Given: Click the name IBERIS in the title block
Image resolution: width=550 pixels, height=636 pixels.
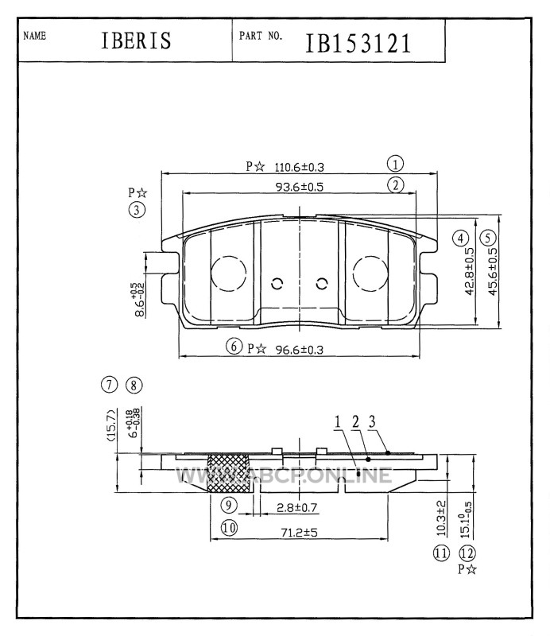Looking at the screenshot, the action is (x=136, y=41).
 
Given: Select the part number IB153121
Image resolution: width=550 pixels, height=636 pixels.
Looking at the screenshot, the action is (x=358, y=44).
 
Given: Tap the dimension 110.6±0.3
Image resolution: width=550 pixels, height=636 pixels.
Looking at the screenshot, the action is (x=300, y=167).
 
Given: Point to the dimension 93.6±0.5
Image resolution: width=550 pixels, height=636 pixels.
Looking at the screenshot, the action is (x=300, y=187).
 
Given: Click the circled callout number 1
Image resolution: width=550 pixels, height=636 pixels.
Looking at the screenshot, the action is (x=395, y=165).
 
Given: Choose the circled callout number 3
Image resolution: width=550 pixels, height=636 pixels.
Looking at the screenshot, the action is (x=137, y=210).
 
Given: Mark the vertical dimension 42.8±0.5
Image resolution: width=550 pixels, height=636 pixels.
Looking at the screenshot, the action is (x=469, y=271).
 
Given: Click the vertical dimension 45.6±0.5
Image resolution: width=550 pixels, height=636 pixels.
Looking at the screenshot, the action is (x=492, y=271).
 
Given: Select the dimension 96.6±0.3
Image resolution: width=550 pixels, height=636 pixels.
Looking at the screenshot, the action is (x=300, y=349).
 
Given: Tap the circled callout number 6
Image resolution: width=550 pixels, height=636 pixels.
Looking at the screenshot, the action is (x=234, y=347).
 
